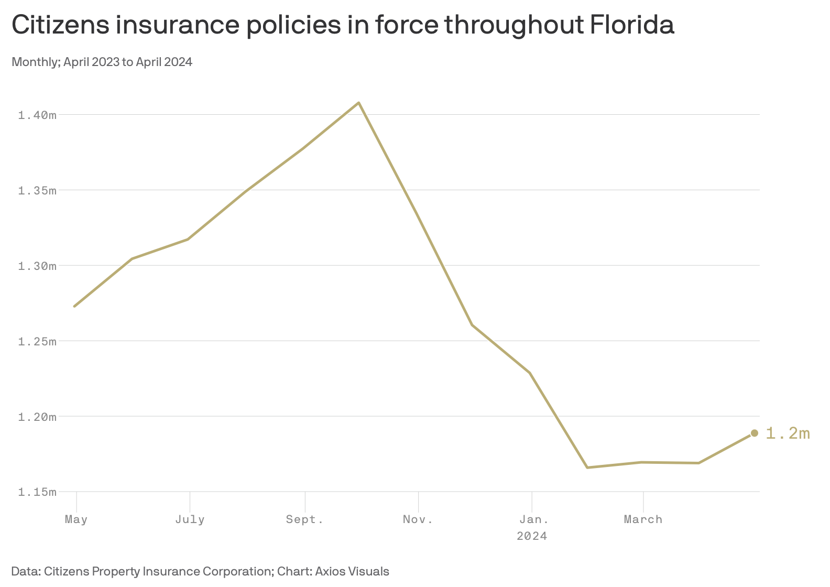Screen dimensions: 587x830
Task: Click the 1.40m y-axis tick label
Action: [x=37, y=115]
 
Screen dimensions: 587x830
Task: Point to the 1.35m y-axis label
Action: [x=37, y=190]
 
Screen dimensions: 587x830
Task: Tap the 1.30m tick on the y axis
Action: [x=37, y=266]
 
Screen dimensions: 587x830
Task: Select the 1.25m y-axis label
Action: [x=37, y=341]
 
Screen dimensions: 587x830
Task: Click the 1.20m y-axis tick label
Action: [x=37, y=417]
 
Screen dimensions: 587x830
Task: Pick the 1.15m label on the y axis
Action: [x=37, y=492]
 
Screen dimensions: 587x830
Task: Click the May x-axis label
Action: [x=76, y=519]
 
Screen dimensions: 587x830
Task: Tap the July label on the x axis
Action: [x=190, y=519]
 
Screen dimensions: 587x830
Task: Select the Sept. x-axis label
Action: [x=304, y=519]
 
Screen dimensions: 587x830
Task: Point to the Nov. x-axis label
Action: [x=418, y=519]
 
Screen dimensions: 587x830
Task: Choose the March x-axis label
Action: [x=643, y=519]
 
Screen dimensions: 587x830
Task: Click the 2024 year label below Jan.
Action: [x=532, y=536]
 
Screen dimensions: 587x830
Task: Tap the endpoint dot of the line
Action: [x=755, y=433]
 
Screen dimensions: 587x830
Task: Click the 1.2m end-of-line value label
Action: [x=788, y=433]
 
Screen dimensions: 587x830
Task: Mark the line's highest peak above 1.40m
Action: [x=358, y=103]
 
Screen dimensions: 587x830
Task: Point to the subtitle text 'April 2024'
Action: [x=164, y=62]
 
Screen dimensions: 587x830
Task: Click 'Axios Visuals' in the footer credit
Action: [x=352, y=571]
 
